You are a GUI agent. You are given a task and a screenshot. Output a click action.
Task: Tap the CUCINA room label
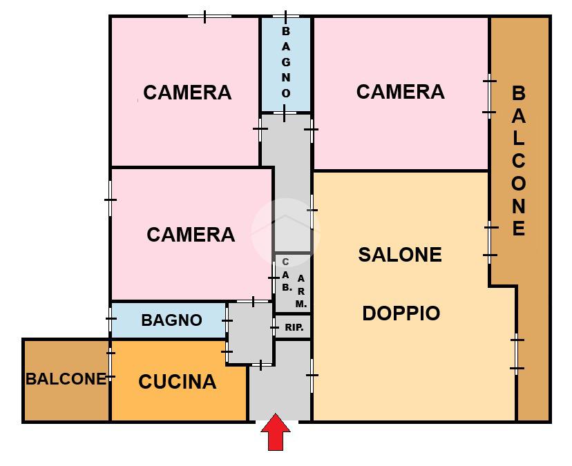pyautogui.click(x=178, y=382)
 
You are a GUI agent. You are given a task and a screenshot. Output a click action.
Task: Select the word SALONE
pyautogui.click(x=400, y=255)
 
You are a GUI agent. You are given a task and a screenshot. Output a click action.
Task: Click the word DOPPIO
pyautogui.click(x=401, y=313)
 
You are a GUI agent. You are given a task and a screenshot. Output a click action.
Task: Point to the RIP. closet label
pyautogui.click(x=294, y=327)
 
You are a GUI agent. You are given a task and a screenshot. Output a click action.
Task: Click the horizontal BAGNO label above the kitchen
pyautogui.click(x=171, y=320)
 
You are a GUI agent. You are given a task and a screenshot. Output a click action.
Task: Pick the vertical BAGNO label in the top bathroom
pyautogui.click(x=286, y=63)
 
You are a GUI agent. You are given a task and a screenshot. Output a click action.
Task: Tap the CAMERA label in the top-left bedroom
pyautogui.click(x=187, y=93)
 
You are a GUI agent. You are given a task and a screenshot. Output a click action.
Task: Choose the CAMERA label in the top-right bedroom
pyautogui.click(x=400, y=92)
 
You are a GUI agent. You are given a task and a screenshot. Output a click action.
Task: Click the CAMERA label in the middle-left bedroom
pyautogui.click(x=191, y=235)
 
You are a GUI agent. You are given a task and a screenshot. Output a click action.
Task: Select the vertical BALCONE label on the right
pyautogui.click(x=519, y=161)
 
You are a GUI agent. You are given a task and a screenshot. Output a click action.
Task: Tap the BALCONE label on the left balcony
pyautogui.click(x=66, y=379)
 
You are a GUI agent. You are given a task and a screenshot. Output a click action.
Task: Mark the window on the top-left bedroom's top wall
pyautogui.click(x=209, y=17)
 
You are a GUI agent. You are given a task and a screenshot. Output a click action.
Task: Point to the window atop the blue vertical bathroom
pyautogui.click(x=285, y=17)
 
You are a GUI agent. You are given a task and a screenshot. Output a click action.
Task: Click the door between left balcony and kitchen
pyautogui.click(x=111, y=364)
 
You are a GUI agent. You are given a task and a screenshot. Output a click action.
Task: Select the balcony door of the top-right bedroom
pyautogui.click(x=490, y=97)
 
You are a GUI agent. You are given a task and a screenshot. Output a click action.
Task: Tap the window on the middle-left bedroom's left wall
pyautogui.click(x=111, y=200)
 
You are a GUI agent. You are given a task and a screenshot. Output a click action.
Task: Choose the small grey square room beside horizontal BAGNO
pyautogui.click(x=251, y=333)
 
